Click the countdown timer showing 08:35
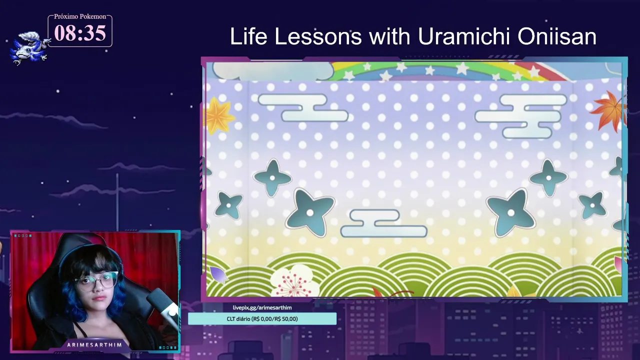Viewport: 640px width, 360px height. (x=80, y=33)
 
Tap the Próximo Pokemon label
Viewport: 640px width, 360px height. (x=80, y=16)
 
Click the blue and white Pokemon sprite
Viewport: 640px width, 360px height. (x=28, y=48)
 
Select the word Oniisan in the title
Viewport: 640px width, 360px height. (x=557, y=36)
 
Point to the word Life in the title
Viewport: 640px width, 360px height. (x=248, y=36)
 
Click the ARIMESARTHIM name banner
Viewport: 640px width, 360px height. (x=94, y=345)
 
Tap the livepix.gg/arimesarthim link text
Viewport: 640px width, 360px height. (x=262, y=307)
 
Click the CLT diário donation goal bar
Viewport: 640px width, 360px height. (x=262, y=319)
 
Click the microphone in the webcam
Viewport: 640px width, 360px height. (x=163, y=305)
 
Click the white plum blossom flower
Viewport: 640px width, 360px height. (x=294, y=280)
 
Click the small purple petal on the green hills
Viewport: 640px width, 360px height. (x=218, y=274)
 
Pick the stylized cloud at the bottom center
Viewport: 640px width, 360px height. (x=383, y=223)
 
